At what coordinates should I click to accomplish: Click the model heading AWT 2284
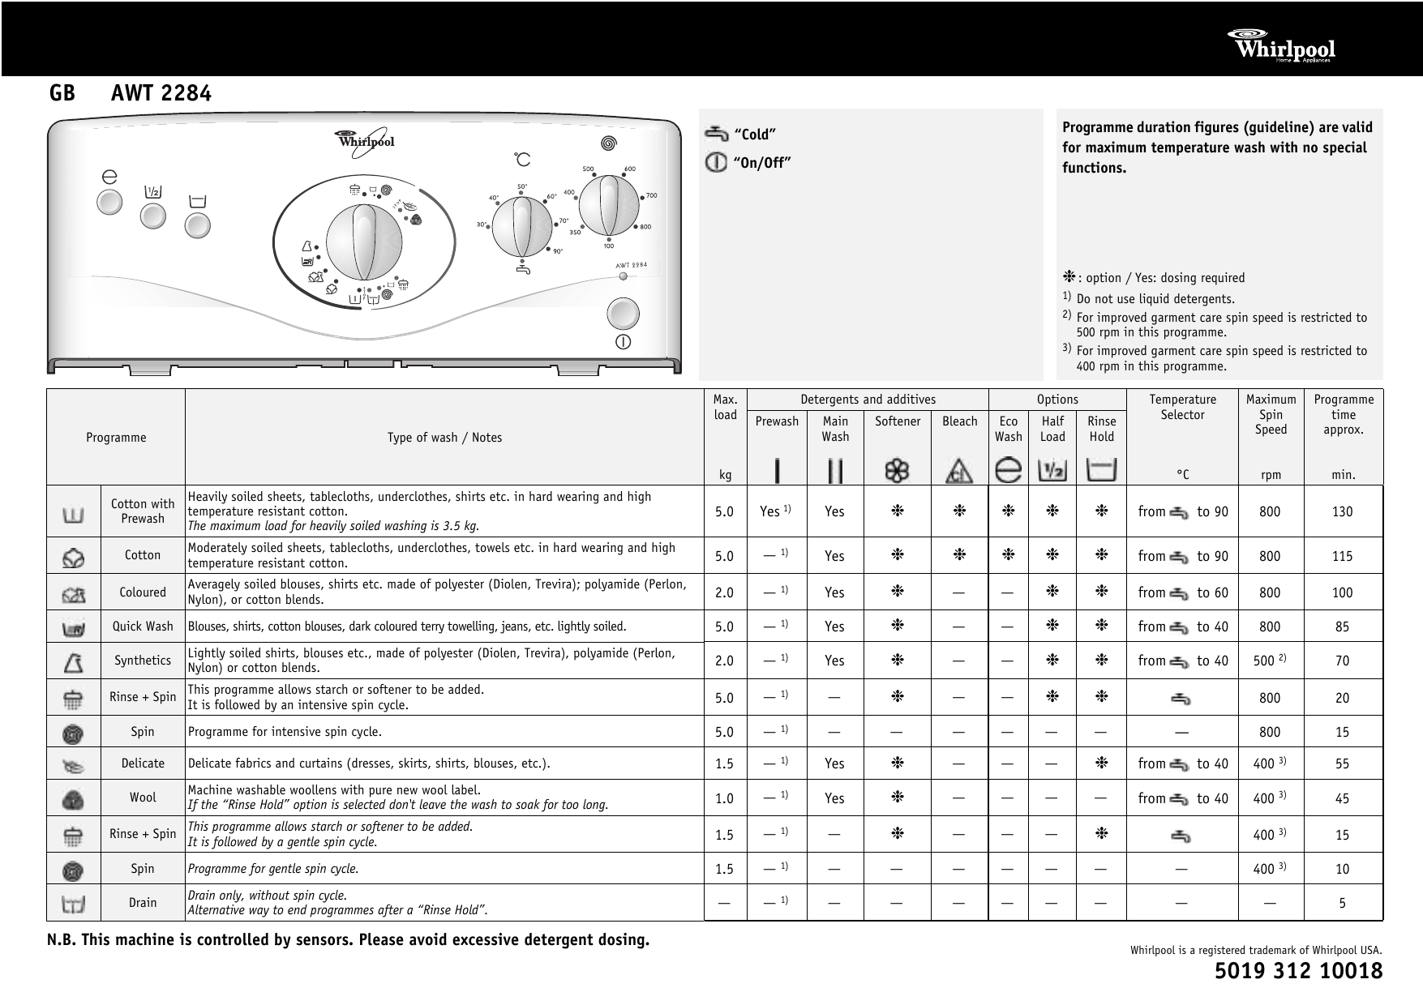(x=161, y=94)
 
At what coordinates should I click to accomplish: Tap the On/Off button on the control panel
(x=623, y=314)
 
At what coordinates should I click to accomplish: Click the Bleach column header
(x=959, y=421)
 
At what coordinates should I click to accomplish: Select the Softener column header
(x=898, y=421)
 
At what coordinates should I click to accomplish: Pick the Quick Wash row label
(x=143, y=627)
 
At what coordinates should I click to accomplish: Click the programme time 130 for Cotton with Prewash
(x=1342, y=511)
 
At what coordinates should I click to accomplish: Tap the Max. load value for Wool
(x=724, y=798)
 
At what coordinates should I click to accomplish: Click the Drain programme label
(x=143, y=902)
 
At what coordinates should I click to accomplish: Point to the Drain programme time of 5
(x=1342, y=903)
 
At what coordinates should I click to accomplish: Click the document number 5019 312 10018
(x=1298, y=971)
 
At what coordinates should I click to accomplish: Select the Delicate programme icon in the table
(x=73, y=763)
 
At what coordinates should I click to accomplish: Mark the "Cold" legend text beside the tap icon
(x=755, y=135)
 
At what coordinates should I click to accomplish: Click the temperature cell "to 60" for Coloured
(x=1211, y=592)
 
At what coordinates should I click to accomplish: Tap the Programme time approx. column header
(x=1343, y=414)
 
